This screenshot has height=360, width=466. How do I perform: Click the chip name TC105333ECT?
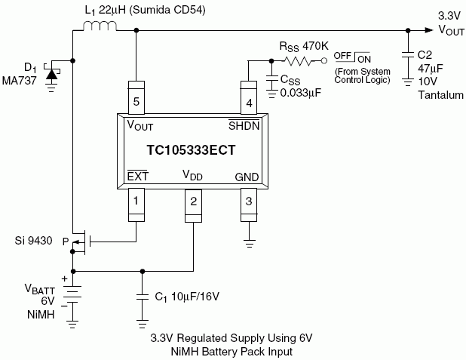pyautogui.click(x=191, y=150)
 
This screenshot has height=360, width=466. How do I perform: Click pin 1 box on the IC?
pyautogui.click(x=136, y=202)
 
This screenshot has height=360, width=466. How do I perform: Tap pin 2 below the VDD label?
pyautogui.click(x=193, y=202)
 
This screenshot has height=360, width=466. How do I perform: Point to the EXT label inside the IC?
pyautogui.click(x=137, y=175)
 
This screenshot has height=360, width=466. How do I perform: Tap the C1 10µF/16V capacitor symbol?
pyautogui.click(x=143, y=296)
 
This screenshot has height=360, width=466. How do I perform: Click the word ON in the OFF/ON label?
pyautogui.click(x=363, y=57)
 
